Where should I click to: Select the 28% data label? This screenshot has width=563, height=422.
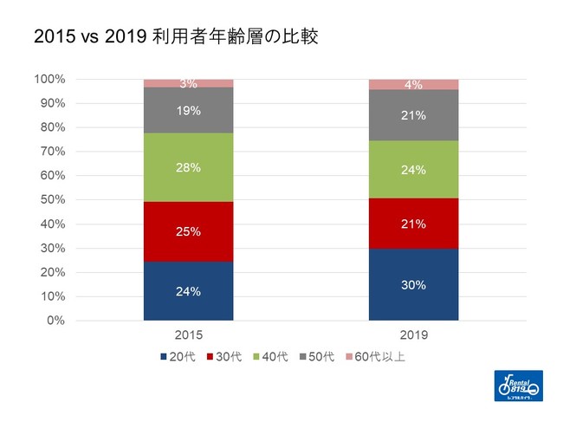(188, 167)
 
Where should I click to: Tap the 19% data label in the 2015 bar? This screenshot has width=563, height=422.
(188, 110)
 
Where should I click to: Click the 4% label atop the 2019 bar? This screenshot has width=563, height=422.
(413, 85)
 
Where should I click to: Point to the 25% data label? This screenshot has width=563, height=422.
(188, 231)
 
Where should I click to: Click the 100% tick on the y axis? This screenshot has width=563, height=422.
(49, 80)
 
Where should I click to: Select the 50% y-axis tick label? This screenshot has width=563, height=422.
(52, 200)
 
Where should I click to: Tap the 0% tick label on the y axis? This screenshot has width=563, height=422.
(55, 321)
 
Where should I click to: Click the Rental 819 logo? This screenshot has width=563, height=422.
(517, 386)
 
